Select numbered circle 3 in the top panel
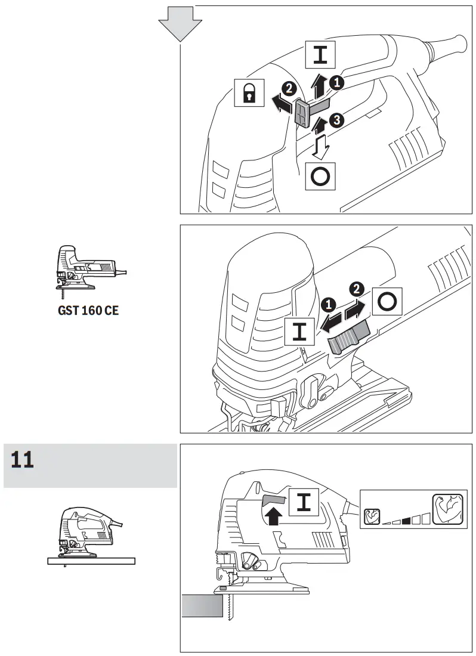pyautogui.click(x=336, y=121)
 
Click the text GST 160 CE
pyautogui.click(x=88, y=311)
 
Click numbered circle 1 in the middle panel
pyautogui.click(x=327, y=305)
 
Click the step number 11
pyautogui.click(x=22, y=460)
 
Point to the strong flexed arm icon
pyautogui.click(x=448, y=510)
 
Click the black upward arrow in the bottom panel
pyautogui.click(x=273, y=513)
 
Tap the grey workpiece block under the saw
pyautogui.click(x=201, y=608)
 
